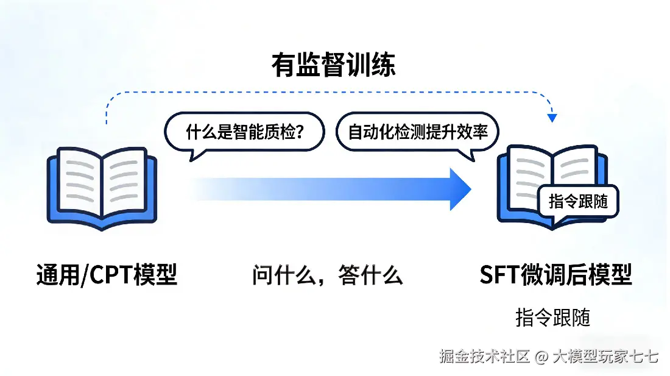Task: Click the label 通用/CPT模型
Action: click(x=107, y=275)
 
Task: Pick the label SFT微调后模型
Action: click(x=555, y=275)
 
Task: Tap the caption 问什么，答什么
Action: click(x=328, y=275)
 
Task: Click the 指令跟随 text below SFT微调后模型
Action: click(x=552, y=317)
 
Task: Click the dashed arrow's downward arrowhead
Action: click(x=552, y=117)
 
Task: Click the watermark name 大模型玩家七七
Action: click(x=605, y=356)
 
